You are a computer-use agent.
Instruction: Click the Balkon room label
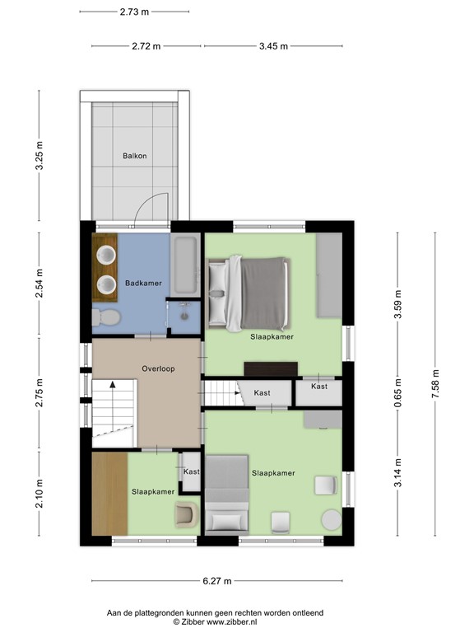click(135, 156)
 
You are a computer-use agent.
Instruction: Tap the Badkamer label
click(143, 284)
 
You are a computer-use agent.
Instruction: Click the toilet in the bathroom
click(106, 317)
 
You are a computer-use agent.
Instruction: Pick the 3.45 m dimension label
click(273, 46)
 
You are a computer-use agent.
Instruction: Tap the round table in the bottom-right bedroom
click(332, 521)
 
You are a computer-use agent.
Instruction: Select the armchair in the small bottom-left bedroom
click(185, 515)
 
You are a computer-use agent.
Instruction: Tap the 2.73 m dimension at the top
click(134, 12)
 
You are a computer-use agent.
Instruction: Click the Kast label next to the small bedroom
click(191, 471)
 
